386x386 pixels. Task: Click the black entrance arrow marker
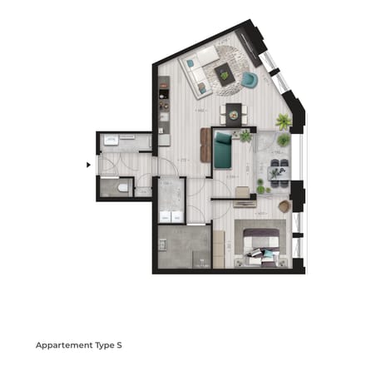[x=89, y=165]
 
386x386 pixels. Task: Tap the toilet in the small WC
[x=121, y=190]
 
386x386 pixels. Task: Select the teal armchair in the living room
[x=249, y=80]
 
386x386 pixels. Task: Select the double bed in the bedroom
[x=262, y=245]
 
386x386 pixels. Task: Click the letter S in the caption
[x=128, y=344]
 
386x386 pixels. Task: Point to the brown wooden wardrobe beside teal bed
[x=205, y=146]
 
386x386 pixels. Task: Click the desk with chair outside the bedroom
[x=242, y=195]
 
